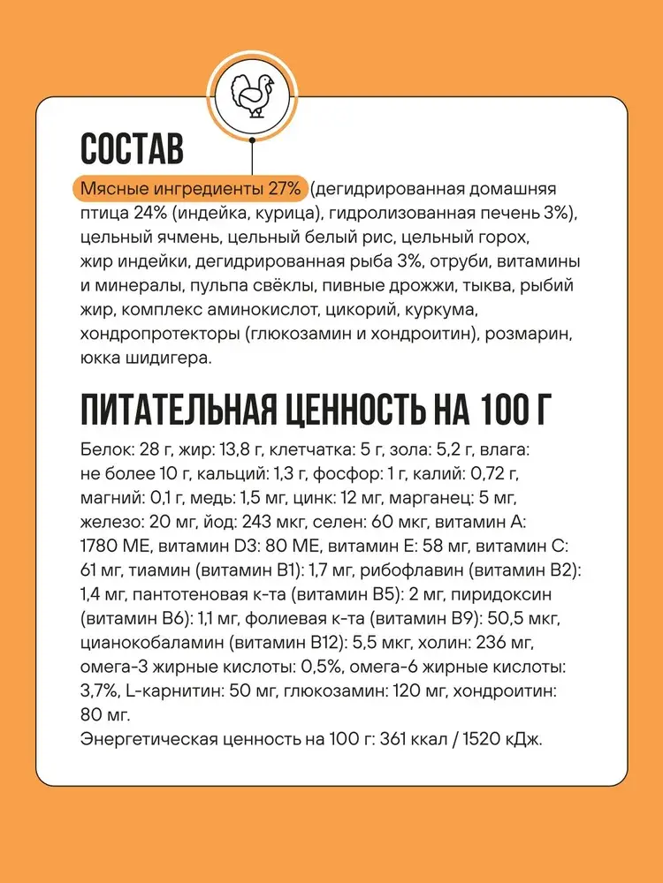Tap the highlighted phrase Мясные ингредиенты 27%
tap(192, 190)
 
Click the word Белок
tap(102, 449)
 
